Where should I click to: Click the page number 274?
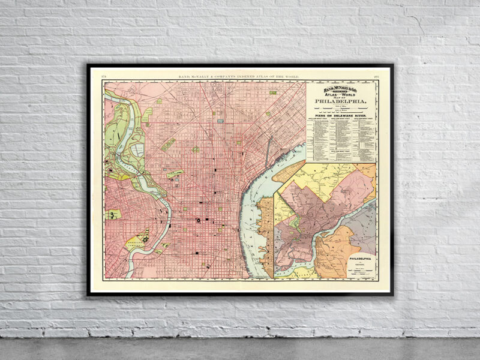coord(105,77)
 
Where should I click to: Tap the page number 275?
coord(376,77)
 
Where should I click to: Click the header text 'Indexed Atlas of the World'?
coord(240,77)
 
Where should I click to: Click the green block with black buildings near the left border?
coord(112,214)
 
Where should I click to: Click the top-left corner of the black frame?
coord(88,65)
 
